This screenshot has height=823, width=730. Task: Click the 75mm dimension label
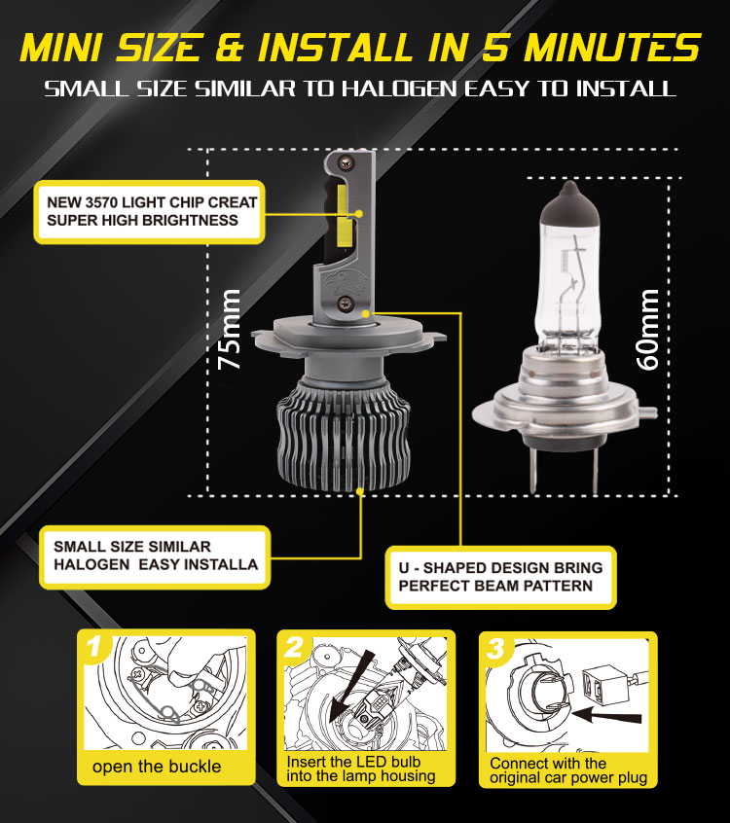(x=230, y=329)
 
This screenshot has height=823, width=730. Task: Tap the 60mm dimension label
(x=648, y=330)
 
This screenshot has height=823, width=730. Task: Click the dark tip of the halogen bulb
(x=569, y=202)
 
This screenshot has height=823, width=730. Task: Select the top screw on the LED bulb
(x=345, y=162)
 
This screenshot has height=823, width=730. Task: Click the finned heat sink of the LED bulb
(x=343, y=436)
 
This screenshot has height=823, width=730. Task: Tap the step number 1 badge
(x=94, y=647)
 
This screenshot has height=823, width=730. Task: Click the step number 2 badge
(x=294, y=647)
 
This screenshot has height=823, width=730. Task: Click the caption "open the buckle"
(x=157, y=767)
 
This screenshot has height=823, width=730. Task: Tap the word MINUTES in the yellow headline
(x=612, y=49)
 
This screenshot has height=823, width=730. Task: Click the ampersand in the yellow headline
(x=230, y=49)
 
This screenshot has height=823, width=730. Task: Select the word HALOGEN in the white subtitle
(x=400, y=89)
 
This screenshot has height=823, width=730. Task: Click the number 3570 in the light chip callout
(x=102, y=202)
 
